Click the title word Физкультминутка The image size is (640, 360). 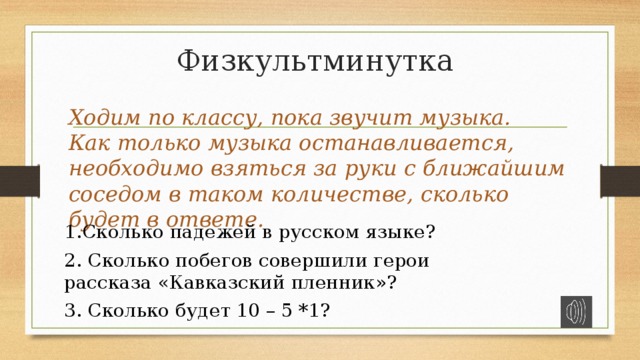point(315,61)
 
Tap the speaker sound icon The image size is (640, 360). point(576,311)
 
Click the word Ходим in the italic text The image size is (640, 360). point(100,117)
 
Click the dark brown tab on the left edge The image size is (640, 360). point(19,180)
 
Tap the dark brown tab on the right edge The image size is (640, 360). point(621,180)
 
